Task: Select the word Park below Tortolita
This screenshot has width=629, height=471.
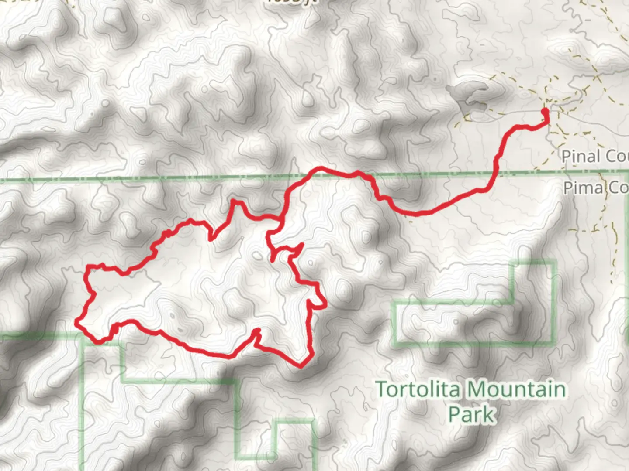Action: pyautogui.click(x=472, y=414)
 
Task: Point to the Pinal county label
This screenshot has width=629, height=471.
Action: pyautogui.click(x=594, y=156)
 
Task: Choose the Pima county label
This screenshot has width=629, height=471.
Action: pyautogui.click(x=595, y=188)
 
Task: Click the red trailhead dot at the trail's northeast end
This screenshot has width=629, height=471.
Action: pyautogui.click(x=545, y=112)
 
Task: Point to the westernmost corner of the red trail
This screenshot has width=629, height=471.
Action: pyautogui.click(x=77, y=323)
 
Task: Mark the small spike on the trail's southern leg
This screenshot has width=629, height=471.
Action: pyautogui.click(x=258, y=331)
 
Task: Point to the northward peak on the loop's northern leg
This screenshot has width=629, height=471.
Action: pyautogui.click(x=234, y=201)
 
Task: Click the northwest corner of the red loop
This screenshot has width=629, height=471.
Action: pyautogui.click(x=89, y=266)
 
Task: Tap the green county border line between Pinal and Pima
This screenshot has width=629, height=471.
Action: pyautogui.click(x=175, y=178)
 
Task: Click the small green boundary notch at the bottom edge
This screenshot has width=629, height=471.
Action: pyautogui.click(x=294, y=422)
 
